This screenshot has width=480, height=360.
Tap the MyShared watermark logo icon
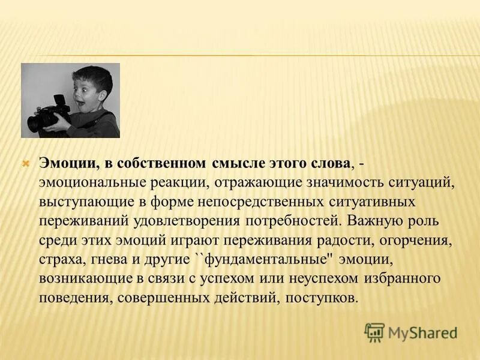(374, 332)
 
